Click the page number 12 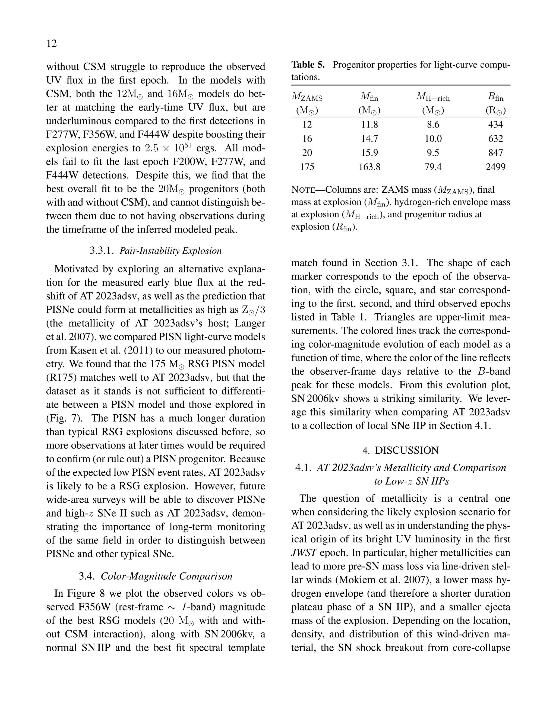(x=52, y=43)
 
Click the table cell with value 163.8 (x=369, y=167)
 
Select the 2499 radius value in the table (x=495, y=167)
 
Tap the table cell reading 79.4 (x=433, y=167)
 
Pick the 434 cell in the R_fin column (x=495, y=125)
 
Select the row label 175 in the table (x=307, y=167)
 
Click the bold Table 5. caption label (x=308, y=65)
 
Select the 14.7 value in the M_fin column (x=369, y=139)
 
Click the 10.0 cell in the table (x=433, y=139)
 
